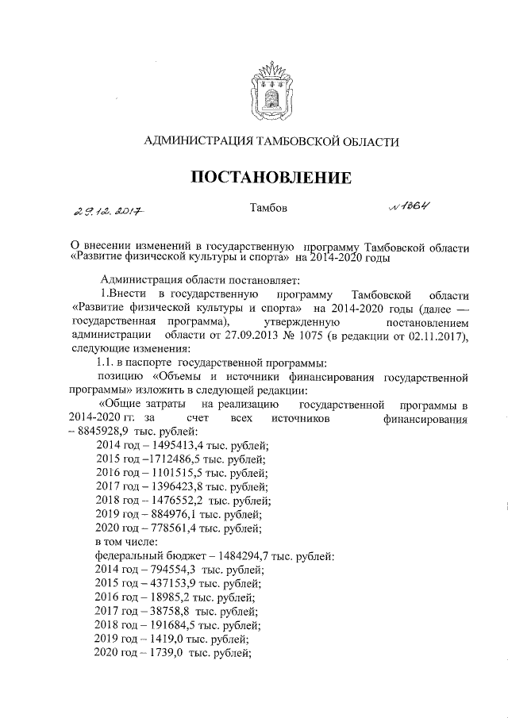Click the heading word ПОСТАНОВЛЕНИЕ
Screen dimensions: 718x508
[270, 177]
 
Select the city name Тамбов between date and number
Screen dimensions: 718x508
[268, 209]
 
